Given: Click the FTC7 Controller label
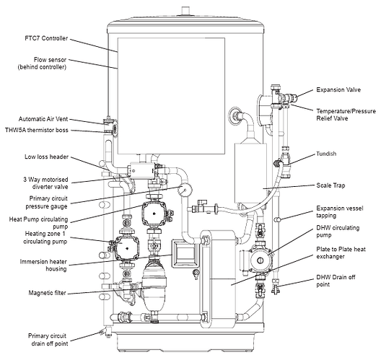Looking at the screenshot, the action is pyautogui.click(x=46, y=38).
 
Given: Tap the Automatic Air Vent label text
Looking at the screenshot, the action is pyautogui.click(x=43, y=119).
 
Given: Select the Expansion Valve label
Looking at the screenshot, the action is pyautogui.click(x=338, y=89).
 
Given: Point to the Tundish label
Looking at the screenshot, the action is pyautogui.click(x=326, y=154).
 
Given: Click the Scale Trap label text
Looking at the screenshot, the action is pyautogui.click(x=330, y=185).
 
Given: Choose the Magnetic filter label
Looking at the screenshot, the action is pyautogui.click(x=48, y=293).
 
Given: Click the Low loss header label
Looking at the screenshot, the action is pyautogui.click(x=46, y=157).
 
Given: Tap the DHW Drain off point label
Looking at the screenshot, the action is pyautogui.click(x=335, y=281).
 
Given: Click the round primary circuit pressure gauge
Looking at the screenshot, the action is pyautogui.click(x=185, y=189).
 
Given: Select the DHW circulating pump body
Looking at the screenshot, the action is pyautogui.click(x=260, y=260).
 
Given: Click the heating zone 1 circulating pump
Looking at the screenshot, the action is pyautogui.click(x=127, y=248).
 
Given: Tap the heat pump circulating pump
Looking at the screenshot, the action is pyautogui.click(x=154, y=214).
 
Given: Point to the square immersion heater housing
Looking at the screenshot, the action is pyautogui.click(x=185, y=254).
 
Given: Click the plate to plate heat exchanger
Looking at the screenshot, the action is pyautogui.click(x=219, y=279).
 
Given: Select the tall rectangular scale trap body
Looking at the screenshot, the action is pyautogui.click(x=250, y=173).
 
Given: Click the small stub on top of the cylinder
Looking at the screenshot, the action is pyautogui.click(x=185, y=12).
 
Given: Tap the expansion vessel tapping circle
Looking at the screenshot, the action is pyautogui.click(x=278, y=219).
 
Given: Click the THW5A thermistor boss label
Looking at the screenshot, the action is pyautogui.click(x=37, y=130).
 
